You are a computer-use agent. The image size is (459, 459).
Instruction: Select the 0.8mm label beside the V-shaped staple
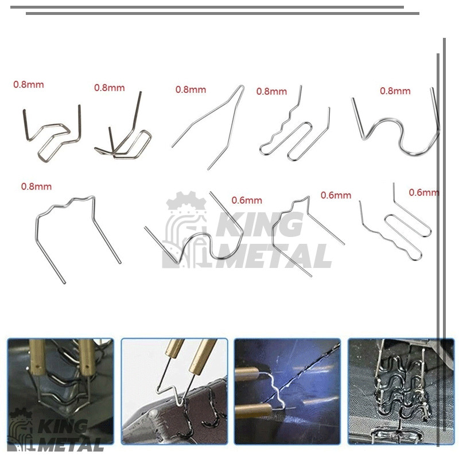pos(190,90)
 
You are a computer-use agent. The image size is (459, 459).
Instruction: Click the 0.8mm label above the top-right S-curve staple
pos(395,91)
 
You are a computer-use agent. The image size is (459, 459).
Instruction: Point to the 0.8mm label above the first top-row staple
pos(28,84)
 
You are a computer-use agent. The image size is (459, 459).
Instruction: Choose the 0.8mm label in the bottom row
pos(36,186)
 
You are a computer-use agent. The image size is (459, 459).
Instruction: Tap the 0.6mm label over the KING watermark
pos(247,200)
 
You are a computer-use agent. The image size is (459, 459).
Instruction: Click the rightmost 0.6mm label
pos(423,192)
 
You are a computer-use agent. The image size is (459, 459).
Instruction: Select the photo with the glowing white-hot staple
pos(287,391)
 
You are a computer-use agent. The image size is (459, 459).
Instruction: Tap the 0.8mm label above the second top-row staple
pos(109,88)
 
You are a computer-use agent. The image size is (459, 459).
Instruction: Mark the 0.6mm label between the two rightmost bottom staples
pos(336,195)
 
